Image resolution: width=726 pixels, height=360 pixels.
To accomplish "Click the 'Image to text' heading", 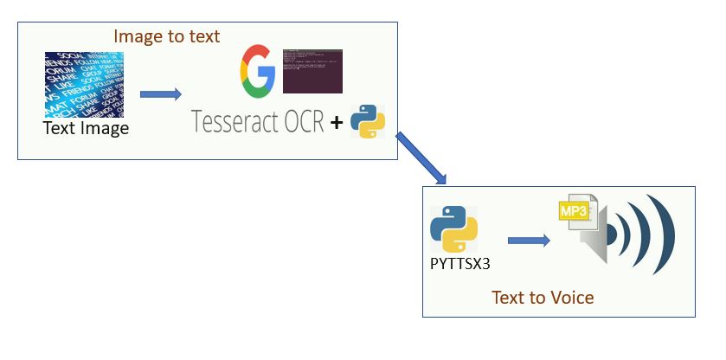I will [166, 36].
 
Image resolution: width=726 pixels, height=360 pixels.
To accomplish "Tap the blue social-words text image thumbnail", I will [84, 85].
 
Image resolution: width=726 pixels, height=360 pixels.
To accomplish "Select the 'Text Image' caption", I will [86, 129].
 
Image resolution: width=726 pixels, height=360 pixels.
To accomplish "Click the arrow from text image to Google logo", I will [160, 93].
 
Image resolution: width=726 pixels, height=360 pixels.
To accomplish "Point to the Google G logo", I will [257, 72].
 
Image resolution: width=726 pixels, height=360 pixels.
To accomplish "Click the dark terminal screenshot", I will [312, 71].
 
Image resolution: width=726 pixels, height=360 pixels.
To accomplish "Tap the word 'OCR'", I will [303, 123].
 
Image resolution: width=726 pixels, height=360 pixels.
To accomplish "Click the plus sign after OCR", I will [336, 124].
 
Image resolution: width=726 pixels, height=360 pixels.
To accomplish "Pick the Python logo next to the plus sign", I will [367, 122].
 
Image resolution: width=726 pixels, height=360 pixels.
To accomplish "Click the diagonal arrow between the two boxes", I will [421, 158].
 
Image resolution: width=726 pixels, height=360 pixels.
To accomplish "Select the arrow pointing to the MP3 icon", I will [529, 241].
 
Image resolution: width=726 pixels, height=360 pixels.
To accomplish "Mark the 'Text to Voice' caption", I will [543, 298].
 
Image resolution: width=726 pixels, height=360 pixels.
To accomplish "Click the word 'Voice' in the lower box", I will [571, 298].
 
